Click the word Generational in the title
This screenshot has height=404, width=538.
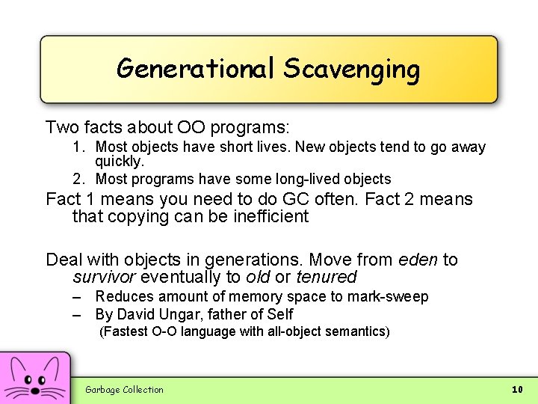pyautogui.click(x=197, y=69)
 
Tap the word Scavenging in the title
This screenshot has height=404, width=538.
pyautogui.click(x=351, y=70)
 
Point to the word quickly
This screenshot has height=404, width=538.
pyautogui.click(x=119, y=161)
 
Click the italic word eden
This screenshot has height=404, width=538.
pyautogui.click(x=418, y=260)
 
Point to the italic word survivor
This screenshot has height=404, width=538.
pyautogui.click(x=104, y=278)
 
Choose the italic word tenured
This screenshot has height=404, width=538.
pyautogui.click(x=326, y=278)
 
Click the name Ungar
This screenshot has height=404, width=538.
pyautogui.click(x=176, y=314)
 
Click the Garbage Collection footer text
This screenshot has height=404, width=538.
pyautogui.click(x=124, y=389)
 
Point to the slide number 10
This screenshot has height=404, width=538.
pyautogui.click(x=516, y=389)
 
